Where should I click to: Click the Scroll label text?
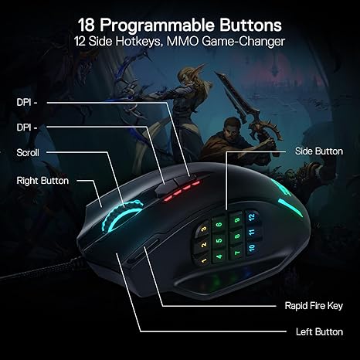(x=28, y=153)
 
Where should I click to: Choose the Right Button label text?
(x=42, y=181)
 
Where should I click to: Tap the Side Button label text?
(x=318, y=151)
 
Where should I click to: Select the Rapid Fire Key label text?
(x=311, y=305)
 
